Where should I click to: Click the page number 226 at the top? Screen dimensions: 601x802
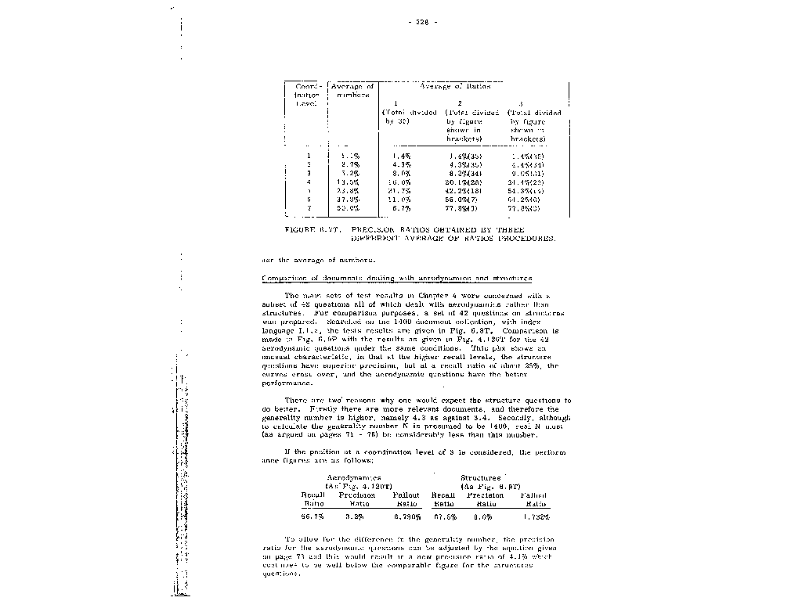[x=422, y=21]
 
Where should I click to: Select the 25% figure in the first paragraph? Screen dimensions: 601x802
[x=532, y=364]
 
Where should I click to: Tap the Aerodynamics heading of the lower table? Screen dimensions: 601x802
[x=354, y=477]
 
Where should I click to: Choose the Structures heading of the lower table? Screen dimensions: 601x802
[x=481, y=477]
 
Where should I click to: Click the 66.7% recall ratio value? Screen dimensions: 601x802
[x=313, y=516]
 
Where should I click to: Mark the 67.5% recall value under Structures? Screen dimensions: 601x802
[x=444, y=516]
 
